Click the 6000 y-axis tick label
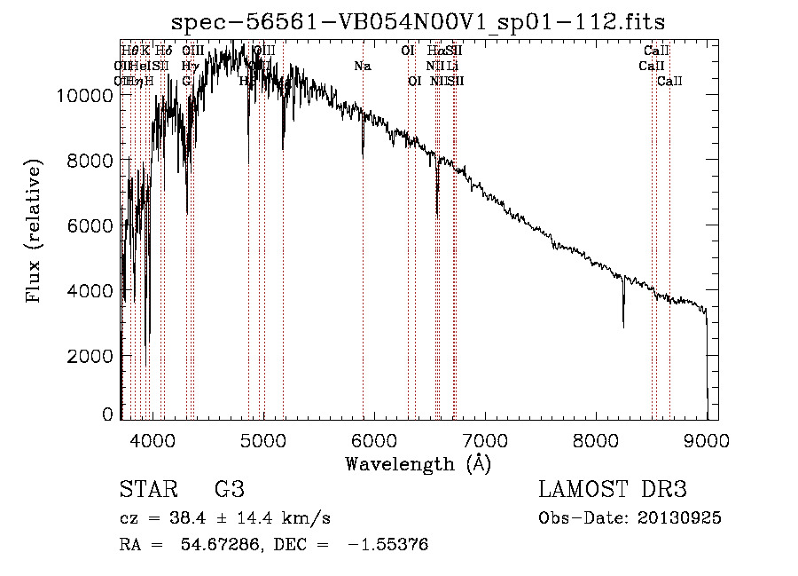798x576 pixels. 91,225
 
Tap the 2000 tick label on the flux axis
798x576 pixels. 91,356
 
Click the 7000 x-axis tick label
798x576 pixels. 485,438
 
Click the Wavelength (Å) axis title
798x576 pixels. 418,462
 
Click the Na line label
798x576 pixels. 362,67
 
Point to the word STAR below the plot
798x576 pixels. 146,490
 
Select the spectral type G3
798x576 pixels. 229,490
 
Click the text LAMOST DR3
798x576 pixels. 612,490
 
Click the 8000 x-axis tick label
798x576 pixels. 596,438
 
